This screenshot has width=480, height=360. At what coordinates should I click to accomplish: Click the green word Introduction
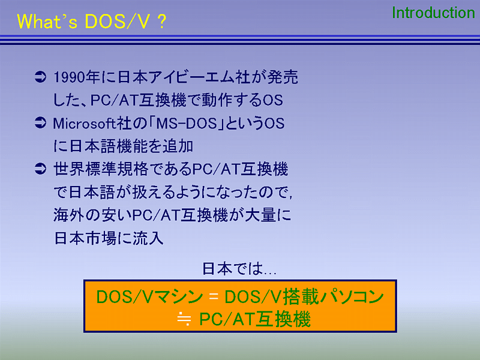(433, 13)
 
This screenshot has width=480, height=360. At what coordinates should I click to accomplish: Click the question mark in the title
(162, 22)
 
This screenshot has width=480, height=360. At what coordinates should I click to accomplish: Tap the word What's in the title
(47, 22)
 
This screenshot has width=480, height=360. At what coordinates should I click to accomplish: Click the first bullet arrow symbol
(40, 77)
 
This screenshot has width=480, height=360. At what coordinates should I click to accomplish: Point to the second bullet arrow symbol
(40, 123)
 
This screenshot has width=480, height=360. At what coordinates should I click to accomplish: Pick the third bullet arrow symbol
(40, 169)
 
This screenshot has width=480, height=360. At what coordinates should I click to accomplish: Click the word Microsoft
(84, 124)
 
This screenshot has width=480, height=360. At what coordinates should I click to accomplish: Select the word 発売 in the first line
(283, 77)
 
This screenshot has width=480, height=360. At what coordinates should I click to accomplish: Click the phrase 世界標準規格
(101, 169)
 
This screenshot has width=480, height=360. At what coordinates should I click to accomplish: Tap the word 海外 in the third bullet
(69, 215)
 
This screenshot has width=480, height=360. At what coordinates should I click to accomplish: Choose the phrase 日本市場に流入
(109, 238)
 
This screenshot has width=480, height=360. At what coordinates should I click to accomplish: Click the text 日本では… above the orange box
(239, 269)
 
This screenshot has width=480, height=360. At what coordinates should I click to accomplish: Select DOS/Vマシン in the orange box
(149, 296)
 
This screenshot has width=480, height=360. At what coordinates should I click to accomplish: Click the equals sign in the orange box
(214, 296)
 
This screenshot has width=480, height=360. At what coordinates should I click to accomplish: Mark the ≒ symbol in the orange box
(184, 319)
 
